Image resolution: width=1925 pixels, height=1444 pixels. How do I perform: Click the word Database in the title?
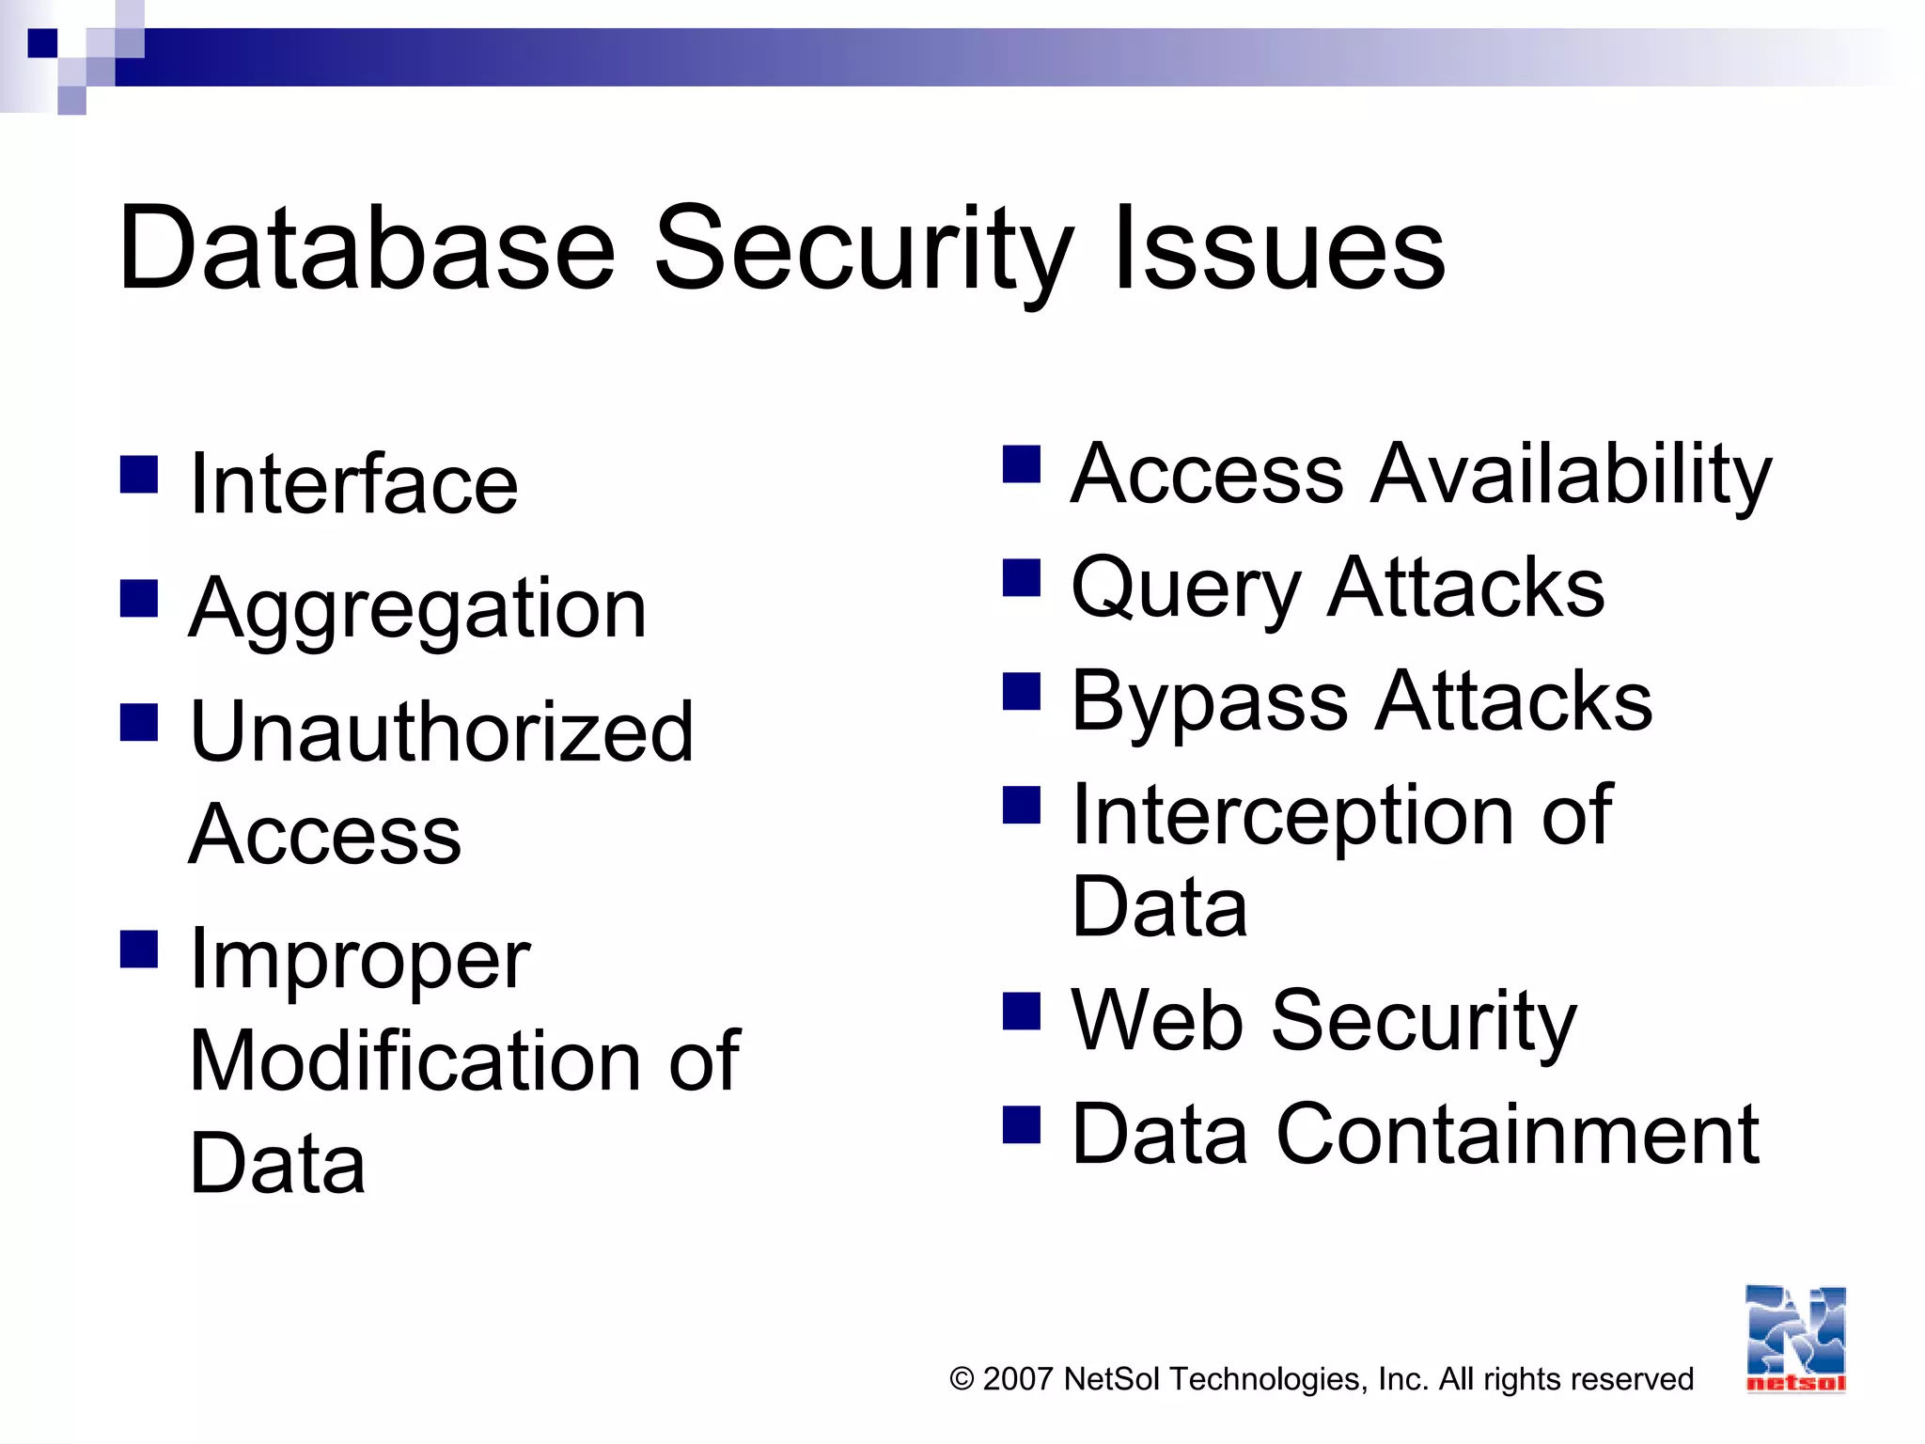point(367,249)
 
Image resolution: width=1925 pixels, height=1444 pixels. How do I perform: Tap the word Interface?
point(353,484)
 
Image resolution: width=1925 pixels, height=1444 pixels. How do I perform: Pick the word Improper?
point(360,962)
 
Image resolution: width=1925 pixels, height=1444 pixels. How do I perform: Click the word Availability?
point(1571,475)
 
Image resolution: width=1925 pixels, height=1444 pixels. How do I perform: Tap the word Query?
point(1184,590)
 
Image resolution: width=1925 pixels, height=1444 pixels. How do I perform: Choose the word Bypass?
point(1210,703)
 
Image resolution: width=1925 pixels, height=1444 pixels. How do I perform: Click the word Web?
point(1157,1021)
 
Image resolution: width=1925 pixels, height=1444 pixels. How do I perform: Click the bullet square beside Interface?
point(139,475)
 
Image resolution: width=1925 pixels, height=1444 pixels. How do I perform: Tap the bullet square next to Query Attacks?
point(1022,578)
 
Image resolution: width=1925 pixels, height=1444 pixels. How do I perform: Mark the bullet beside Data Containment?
point(1022,1124)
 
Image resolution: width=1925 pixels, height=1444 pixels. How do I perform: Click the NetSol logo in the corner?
point(1795,1339)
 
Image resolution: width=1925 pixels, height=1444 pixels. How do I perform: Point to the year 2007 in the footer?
point(1017,1379)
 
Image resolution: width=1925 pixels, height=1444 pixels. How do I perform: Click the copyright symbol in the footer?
point(962,1379)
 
